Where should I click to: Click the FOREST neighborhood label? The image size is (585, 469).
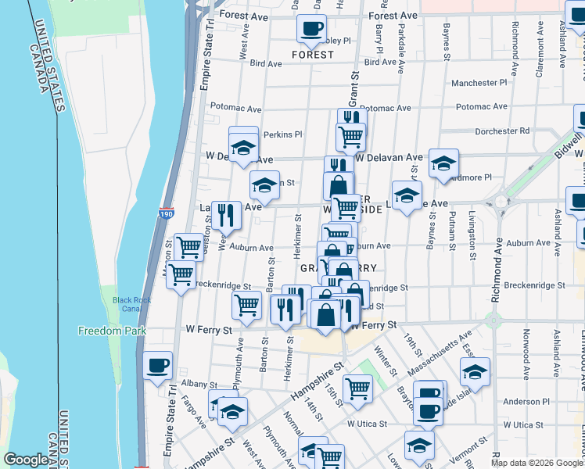pos(312,55)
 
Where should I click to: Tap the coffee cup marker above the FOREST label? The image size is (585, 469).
pos(311,30)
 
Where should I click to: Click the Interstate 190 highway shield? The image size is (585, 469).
pos(166,212)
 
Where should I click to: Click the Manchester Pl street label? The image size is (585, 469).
pos(479,82)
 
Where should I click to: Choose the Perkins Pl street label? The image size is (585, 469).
pos(282,134)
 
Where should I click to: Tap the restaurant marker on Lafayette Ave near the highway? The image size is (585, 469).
pos(225,215)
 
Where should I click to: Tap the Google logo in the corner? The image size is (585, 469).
pos(26,460)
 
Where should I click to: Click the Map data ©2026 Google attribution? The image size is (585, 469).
pos(537,463)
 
